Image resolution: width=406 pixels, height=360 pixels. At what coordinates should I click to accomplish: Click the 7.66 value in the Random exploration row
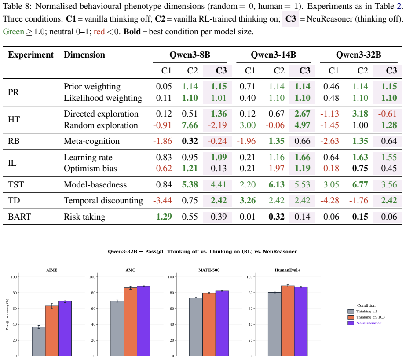(x=190, y=125)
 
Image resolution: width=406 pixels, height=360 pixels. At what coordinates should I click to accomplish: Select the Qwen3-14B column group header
(x=274, y=55)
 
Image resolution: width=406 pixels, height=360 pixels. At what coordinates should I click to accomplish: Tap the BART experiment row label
(x=19, y=217)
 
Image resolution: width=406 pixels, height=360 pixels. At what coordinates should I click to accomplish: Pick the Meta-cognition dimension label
(x=91, y=141)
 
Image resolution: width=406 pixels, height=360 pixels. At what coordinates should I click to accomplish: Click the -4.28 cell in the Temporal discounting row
(x=329, y=200)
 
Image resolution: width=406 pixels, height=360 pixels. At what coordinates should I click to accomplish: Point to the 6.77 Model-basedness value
(x=360, y=185)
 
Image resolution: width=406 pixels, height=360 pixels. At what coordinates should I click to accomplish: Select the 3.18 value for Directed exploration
(x=360, y=114)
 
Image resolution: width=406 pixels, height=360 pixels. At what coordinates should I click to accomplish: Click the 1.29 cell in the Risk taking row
(x=164, y=217)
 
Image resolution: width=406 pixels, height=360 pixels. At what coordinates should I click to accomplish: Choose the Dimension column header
(x=84, y=55)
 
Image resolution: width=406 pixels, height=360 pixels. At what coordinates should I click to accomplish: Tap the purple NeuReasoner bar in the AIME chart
(x=65, y=328)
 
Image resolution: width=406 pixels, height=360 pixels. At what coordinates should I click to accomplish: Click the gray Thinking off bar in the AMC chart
(x=117, y=328)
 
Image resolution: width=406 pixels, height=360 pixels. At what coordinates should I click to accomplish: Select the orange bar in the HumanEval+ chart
(x=288, y=321)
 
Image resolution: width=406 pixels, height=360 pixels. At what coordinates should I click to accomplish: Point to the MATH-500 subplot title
(x=209, y=270)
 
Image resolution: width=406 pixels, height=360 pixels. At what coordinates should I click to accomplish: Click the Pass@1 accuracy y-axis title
(x=7, y=314)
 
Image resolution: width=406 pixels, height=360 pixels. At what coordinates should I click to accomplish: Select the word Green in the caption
(x=14, y=32)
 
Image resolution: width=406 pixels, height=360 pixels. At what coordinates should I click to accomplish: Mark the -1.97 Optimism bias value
(x=275, y=169)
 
